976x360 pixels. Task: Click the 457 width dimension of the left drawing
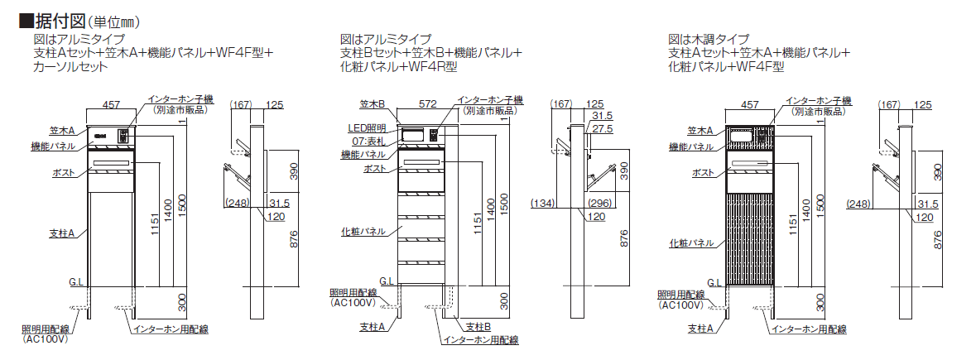tap(110, 105)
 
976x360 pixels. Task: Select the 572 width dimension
tap(427, 105)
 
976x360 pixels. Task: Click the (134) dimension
tap(541, 203)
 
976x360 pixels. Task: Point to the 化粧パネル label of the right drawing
tap(692, 243)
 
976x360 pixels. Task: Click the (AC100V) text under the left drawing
tap(45, 338)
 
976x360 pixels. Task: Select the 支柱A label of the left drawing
tap(62, 234)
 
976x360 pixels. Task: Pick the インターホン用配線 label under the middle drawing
tap(480, 339)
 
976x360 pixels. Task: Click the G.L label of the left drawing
tap(76, 282)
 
